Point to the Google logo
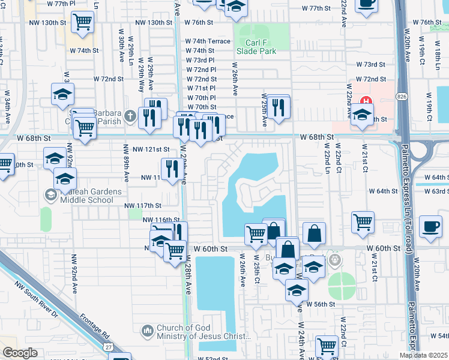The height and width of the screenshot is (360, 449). (x=20, y=353)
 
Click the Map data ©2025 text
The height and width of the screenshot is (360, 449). (x=423, y=355)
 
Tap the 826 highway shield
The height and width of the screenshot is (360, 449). (x=401, y=96)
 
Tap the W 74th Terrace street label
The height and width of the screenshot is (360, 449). (x=208, y=41)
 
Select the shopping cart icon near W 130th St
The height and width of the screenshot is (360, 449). (x=82, y=23)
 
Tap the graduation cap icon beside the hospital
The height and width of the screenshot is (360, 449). (x=363, y=115)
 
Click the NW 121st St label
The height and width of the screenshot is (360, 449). (x=151, y=149)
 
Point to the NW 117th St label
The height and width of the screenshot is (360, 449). (x=143, y=206)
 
